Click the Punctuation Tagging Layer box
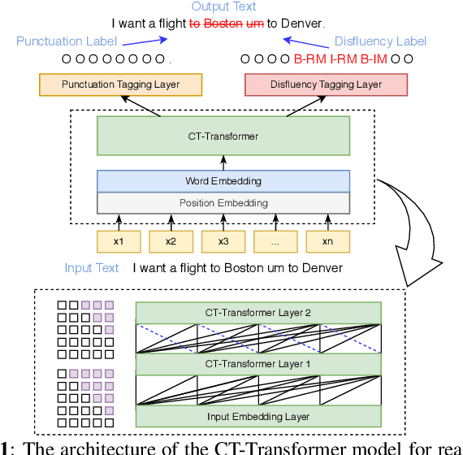tap(120, 84)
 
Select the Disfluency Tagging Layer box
tap(326, 84)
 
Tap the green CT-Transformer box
tap(223, 136)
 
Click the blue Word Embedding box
tap(223, 181)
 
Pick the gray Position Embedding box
tap(223, 202)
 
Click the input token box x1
tap(119, 241)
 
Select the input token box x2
tap(171, 241)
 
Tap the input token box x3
tap(223, 241)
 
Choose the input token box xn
tap(327, 241)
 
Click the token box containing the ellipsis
tap(275, 241)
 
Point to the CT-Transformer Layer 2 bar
tap(257, 313)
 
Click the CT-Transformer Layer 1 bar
tap(257, 364)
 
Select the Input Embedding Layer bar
tap(257, 416)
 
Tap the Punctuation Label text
tap(66, 40)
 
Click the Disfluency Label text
tap(379, 40)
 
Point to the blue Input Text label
tap(92, 268)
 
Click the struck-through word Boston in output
tap(222, 24)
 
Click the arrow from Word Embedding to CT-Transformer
tap(223, 162)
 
